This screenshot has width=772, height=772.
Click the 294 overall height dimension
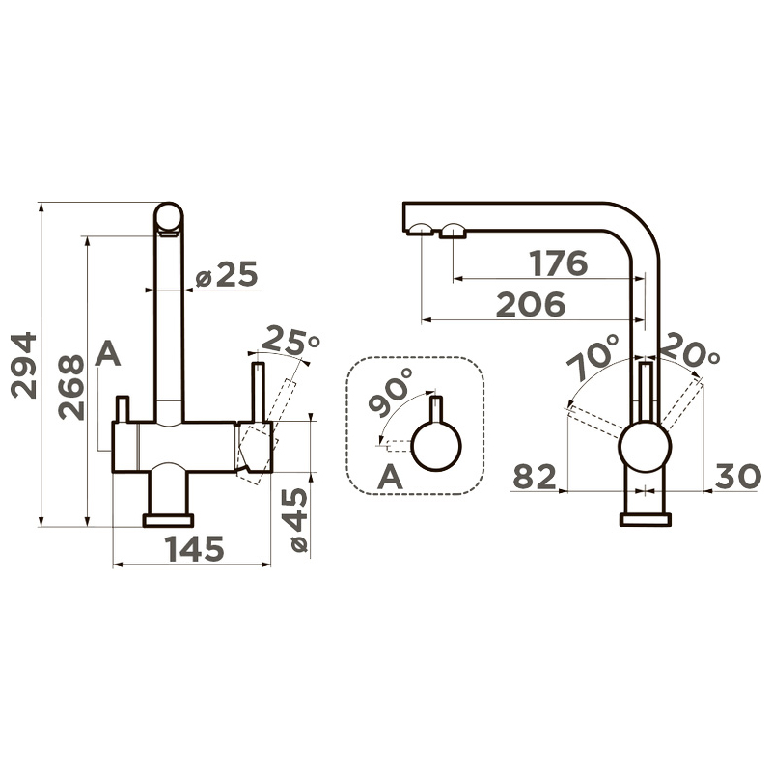click(23, 366)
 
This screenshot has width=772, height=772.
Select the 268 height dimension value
click(70, 388)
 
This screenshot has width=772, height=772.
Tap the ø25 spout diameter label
click(227, 274)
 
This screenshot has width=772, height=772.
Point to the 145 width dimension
click(196, 549)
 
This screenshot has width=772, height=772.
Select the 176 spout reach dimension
click(559, 263)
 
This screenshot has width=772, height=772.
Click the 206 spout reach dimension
click(530, 304)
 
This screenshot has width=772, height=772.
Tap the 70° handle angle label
click(593, 356)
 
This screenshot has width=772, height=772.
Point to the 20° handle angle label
click(689, 350)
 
